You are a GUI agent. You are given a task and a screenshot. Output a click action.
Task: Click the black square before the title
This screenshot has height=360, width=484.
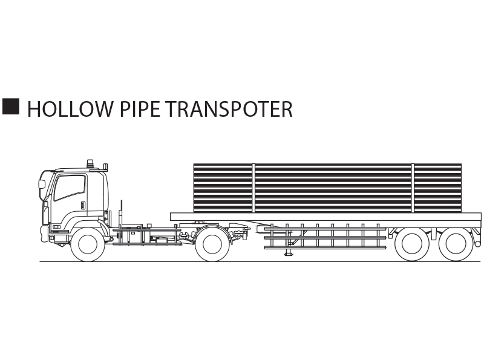click(x=11, y=106)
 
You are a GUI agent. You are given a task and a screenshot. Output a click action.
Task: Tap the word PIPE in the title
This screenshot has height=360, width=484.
click(x=140, y=109)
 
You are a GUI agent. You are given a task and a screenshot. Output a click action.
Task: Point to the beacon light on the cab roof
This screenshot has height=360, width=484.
click(x=90, y=164)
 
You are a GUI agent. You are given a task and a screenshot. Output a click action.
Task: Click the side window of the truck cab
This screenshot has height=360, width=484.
click(x=70, y=188)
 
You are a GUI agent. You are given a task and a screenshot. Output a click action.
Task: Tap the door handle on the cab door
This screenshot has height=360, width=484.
click(x=83, y=206)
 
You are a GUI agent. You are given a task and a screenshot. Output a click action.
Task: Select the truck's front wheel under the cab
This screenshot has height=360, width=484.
click(x=88, y=244)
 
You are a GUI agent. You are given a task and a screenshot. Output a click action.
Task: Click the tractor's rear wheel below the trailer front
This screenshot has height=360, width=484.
click(x=212, y=244)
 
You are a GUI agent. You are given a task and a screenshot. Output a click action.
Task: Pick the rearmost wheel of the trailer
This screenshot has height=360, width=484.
click(x=456, y=244)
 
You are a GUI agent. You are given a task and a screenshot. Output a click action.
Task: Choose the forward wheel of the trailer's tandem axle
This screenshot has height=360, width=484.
click(x=412, y=244)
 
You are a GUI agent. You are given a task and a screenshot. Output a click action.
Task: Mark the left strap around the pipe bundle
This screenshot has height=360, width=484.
click(x=253, y=188)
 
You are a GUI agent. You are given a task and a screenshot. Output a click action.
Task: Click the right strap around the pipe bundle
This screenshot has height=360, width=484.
click(x=413, y=188)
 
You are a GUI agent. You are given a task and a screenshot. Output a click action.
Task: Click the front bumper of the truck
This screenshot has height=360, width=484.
click(x=44, y=234)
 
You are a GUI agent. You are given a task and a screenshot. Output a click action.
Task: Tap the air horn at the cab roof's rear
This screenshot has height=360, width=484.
click(x=105, y=167)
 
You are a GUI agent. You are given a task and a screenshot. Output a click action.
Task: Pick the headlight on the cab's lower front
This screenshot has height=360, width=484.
click(x=56, y=227)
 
